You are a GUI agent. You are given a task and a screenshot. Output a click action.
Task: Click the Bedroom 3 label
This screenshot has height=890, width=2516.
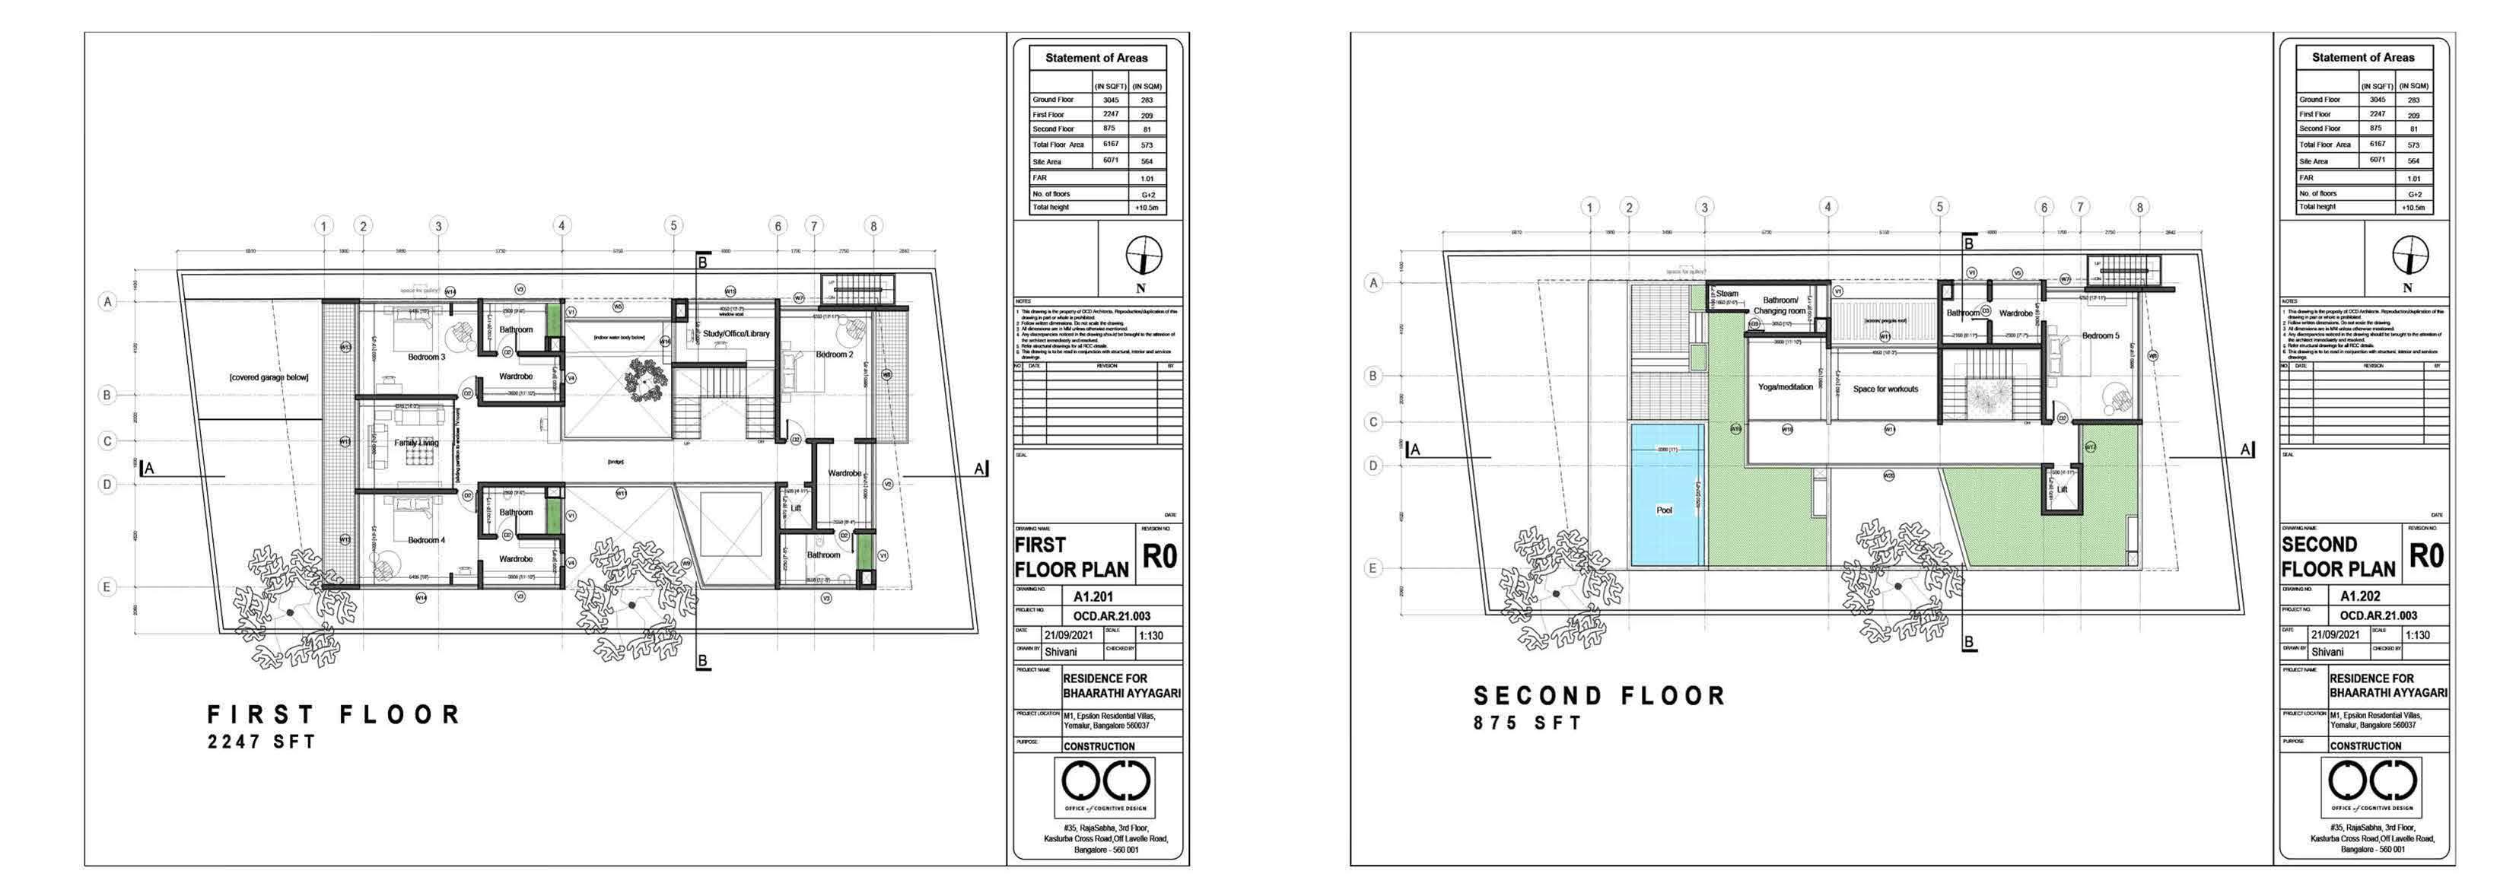click(426, 357)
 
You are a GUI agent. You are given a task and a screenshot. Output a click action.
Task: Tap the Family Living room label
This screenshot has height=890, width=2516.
click(416, 443)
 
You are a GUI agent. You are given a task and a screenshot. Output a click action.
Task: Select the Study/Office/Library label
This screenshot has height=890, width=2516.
click(736, 333)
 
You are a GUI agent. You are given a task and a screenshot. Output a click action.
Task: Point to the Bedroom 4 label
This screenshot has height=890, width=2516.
click(426, 539)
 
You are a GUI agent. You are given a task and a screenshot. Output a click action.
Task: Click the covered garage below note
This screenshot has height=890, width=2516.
click(269, 377)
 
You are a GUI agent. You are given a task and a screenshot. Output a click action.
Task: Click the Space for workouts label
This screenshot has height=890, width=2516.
click(1885, 389)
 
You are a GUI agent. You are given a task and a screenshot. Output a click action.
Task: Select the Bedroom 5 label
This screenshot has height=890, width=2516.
click(2101, 335)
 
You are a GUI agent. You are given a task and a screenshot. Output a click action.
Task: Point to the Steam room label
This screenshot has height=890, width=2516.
click(1727, 293)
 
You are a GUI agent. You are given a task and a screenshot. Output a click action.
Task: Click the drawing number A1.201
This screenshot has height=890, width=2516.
click(1093, 596)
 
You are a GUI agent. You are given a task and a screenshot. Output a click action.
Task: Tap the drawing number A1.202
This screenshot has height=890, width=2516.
click(2360, 596)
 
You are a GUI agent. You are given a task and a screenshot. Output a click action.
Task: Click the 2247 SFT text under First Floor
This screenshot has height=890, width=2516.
click(262, 742)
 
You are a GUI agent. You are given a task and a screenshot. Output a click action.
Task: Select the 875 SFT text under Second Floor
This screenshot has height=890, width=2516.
click(1528, 723)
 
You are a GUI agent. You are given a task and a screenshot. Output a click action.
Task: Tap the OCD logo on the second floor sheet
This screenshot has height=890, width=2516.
click(2372, 780)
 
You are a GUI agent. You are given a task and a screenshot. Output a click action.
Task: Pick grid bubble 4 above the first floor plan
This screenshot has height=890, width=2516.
click(561, 226)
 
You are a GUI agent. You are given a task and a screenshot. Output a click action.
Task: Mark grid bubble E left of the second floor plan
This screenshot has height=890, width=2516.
click(1373, 567)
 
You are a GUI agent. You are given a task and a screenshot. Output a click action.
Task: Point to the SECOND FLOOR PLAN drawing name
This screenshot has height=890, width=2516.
click(2338, 557)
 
